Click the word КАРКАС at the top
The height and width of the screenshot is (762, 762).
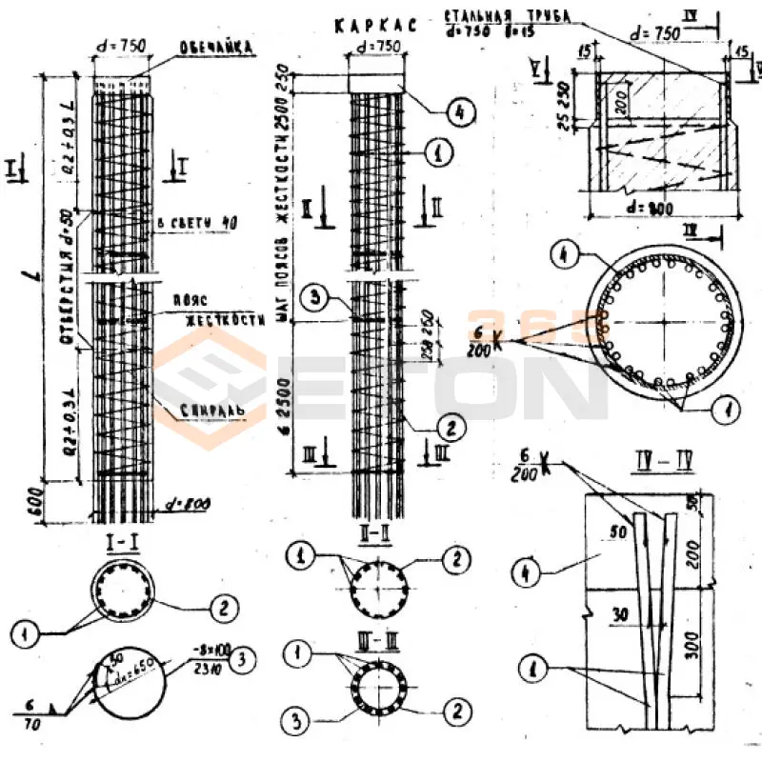pyautogui.click(x=375, y=25)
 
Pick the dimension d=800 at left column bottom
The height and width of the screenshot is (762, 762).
pyautogui.click(x=187, y=503)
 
